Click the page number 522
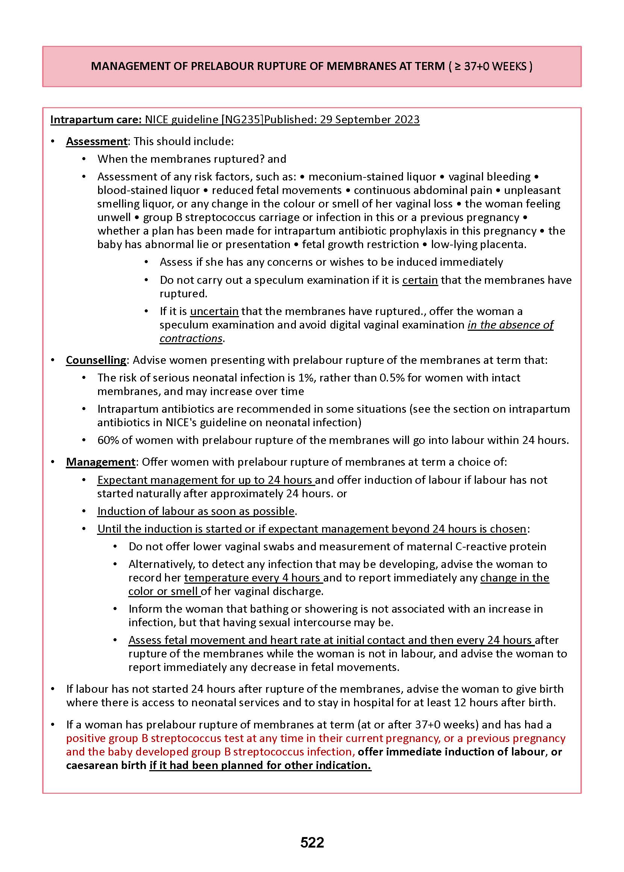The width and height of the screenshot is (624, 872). click(312, 842)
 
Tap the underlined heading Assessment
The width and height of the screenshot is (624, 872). click(97, 141)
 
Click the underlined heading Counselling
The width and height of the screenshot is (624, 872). click(96, 360)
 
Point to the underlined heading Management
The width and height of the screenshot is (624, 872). click(100, 462)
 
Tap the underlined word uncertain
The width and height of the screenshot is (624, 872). click(214, 311)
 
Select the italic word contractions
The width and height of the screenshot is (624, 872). click(191, 338)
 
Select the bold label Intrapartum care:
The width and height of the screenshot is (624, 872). click(96, 120)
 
